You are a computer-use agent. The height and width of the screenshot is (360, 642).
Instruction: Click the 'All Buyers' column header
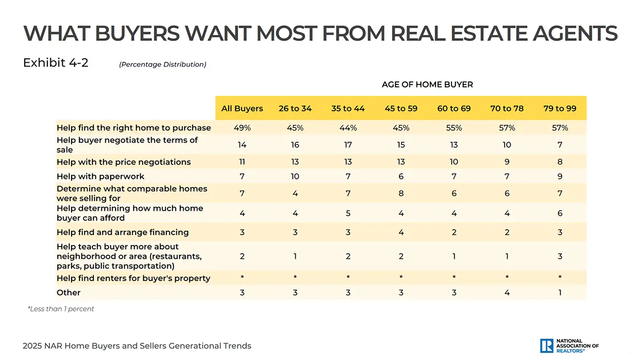coord(242,109)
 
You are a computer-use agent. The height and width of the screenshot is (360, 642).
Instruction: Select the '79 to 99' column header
coord(560,109)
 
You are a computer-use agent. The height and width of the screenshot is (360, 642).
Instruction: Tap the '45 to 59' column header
coord(401,109)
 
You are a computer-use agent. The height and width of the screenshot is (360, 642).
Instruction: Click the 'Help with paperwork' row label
coord(100,176)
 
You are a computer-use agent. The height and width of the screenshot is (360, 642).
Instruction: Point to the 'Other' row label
coord(69,292)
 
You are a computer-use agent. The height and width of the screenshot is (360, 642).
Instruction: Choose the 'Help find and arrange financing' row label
coord(122,232)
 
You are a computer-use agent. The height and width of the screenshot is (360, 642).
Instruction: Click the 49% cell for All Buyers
coord(242,128)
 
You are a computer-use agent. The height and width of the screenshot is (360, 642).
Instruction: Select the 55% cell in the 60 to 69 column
coord(454,128)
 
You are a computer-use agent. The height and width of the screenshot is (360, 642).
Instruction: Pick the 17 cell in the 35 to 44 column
coord(348,145)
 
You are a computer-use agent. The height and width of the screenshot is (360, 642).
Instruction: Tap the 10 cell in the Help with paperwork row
coord(295,176)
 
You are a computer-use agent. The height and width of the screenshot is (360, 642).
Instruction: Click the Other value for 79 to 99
coord(560,292)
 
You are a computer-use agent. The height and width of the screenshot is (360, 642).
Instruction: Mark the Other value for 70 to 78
coord(507,292)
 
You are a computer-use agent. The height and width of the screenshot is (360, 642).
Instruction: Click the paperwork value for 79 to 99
coord(560,176)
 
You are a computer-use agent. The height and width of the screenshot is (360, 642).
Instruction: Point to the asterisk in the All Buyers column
coord(242,278)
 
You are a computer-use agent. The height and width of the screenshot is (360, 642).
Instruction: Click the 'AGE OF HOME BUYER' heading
coord(427,84)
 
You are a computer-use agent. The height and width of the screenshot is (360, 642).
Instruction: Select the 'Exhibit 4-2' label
coord(56,63)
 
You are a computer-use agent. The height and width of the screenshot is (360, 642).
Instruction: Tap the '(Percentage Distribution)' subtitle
coord(162,65)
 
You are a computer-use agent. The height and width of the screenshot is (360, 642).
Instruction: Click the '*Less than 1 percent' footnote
coord(61,309)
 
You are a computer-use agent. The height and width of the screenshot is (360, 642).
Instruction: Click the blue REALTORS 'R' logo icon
coord(547,346)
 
